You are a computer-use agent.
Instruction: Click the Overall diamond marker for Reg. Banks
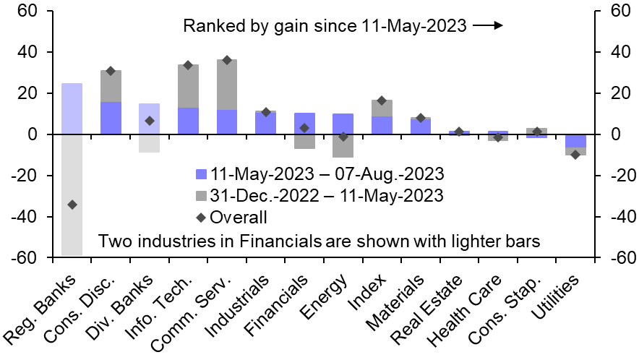(x=72, y=205)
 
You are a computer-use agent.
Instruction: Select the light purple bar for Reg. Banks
(x=72, y=108)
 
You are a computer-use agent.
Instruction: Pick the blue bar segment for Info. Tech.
(x=188, y=121)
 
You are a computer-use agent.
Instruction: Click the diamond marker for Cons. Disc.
(x=111, y=71)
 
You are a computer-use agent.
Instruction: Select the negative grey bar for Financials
(x=304, y=142)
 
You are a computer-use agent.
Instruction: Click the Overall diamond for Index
(x=382, y=100)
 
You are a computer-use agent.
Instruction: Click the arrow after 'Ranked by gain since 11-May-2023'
(x=488, y=27)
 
